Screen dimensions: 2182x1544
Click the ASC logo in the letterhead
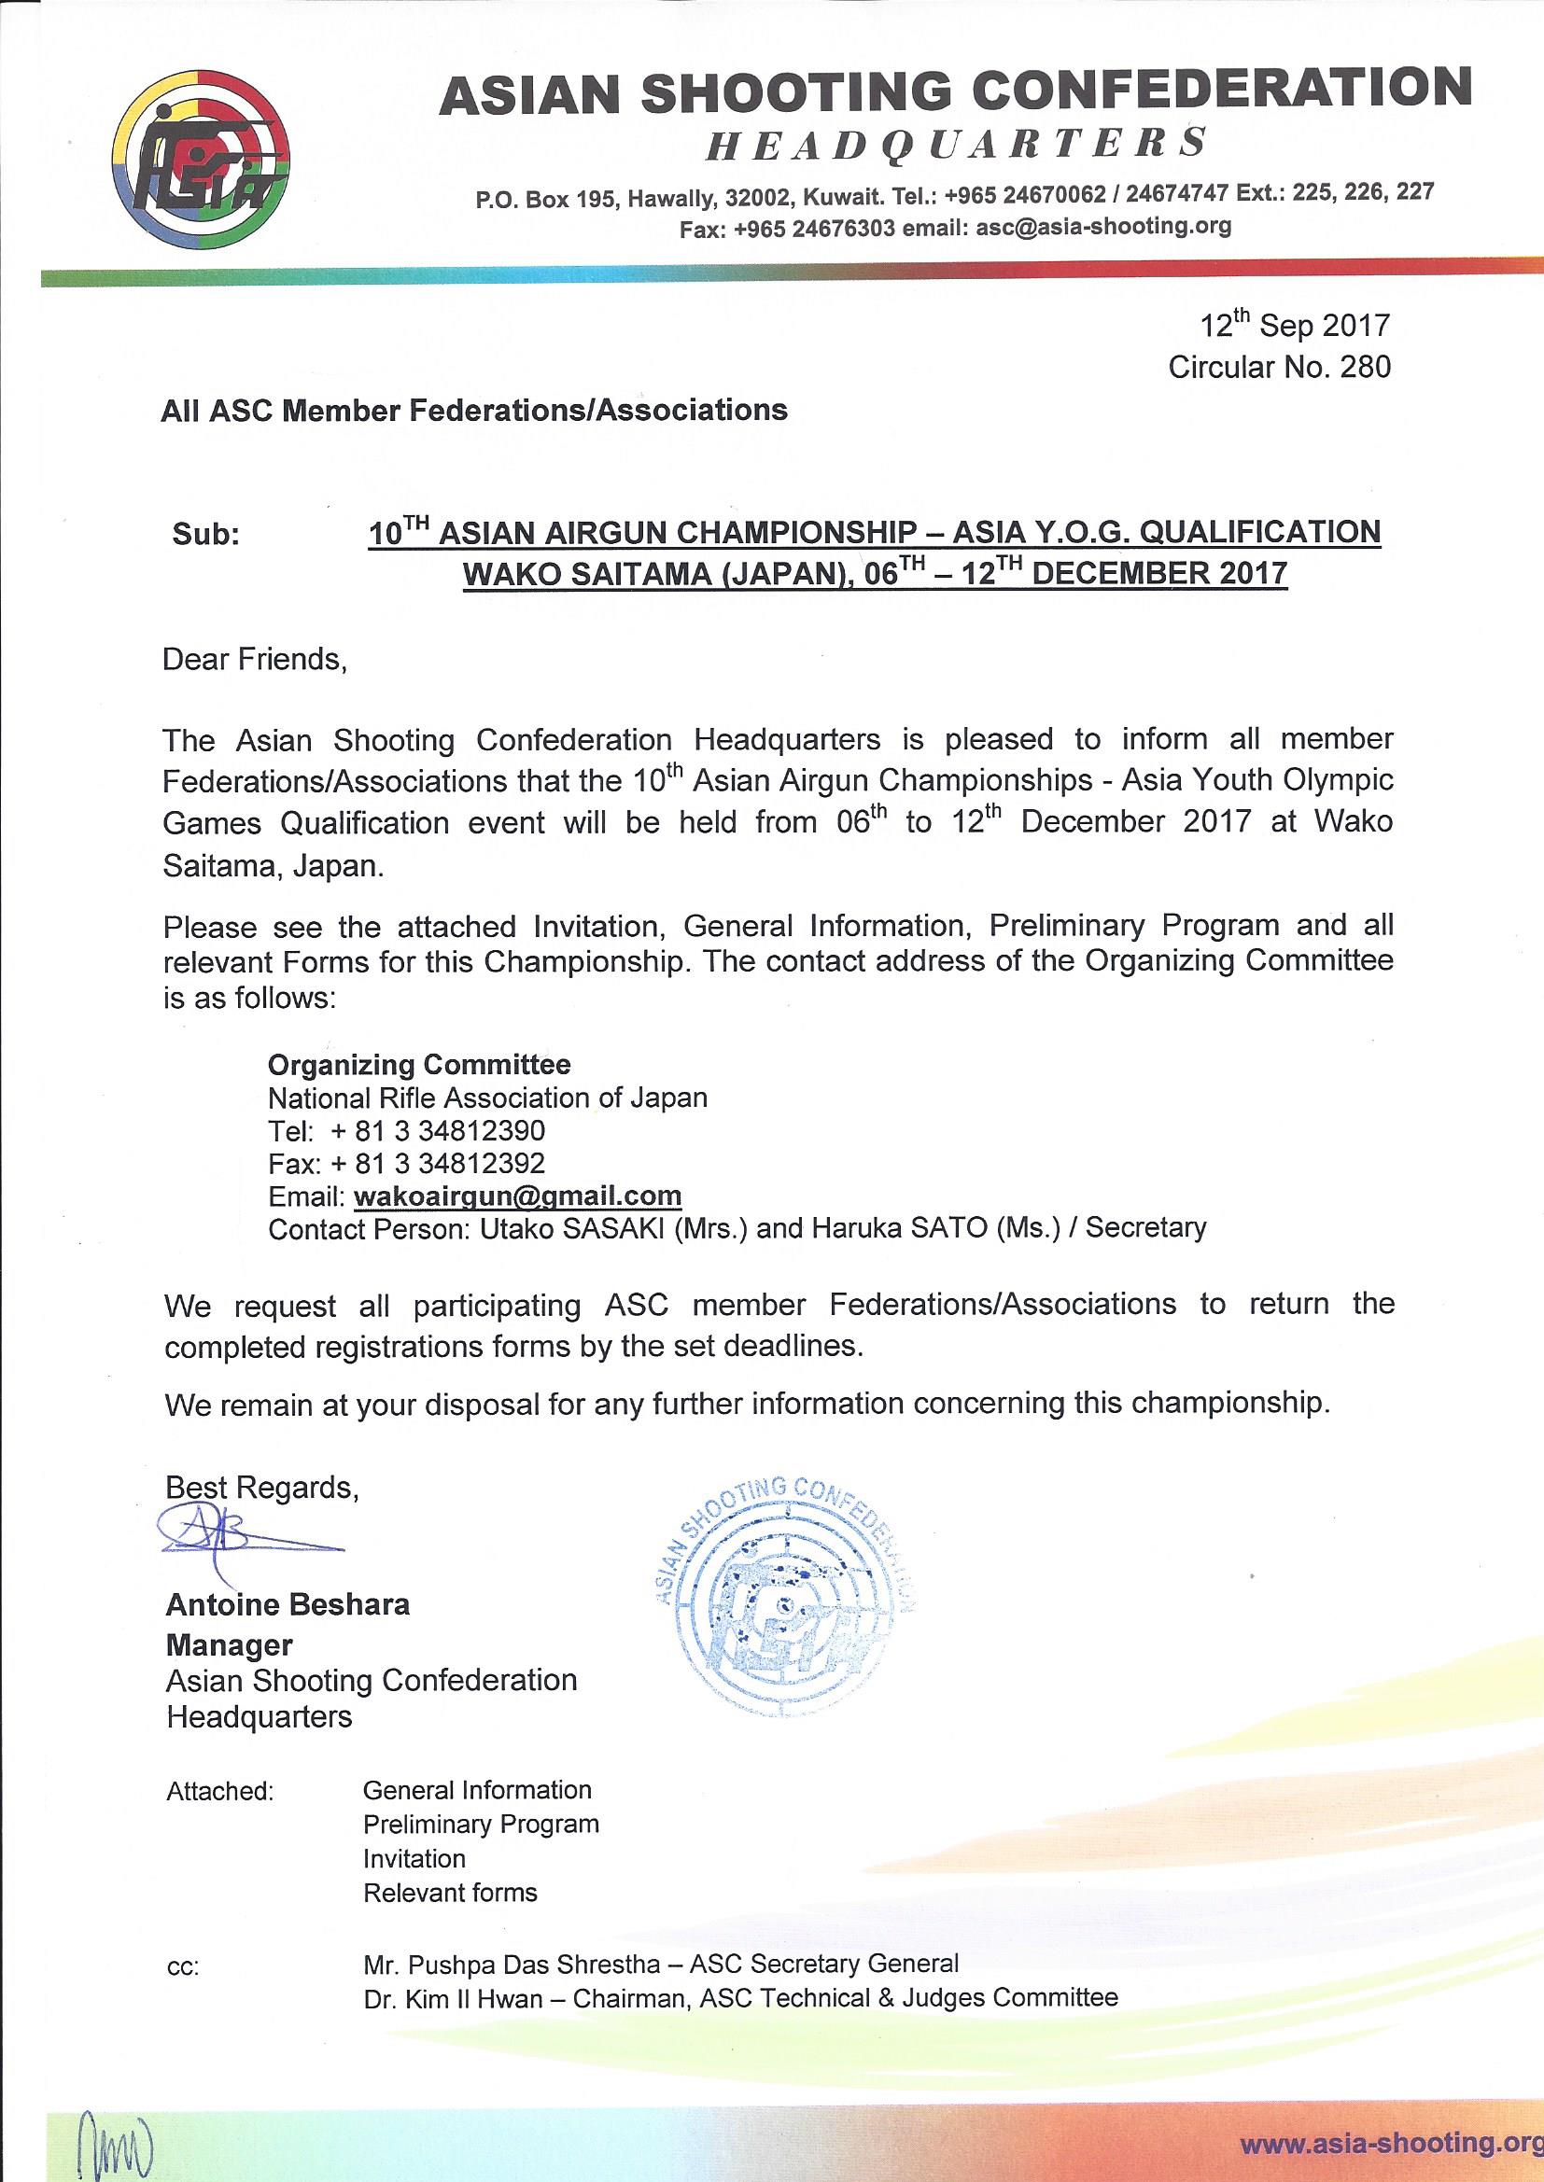(203, 159)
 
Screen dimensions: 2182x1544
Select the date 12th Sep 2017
(1294, 326)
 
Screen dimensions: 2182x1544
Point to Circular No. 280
(1279, 367)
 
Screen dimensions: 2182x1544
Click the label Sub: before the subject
(206, 535)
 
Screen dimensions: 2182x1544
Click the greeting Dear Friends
(256, 659)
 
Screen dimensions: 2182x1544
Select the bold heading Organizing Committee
(419, 1063)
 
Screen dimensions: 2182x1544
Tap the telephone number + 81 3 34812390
(439, 1131)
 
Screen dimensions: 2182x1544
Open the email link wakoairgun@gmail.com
(517, 1196)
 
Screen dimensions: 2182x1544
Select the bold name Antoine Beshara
(288, 1605)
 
